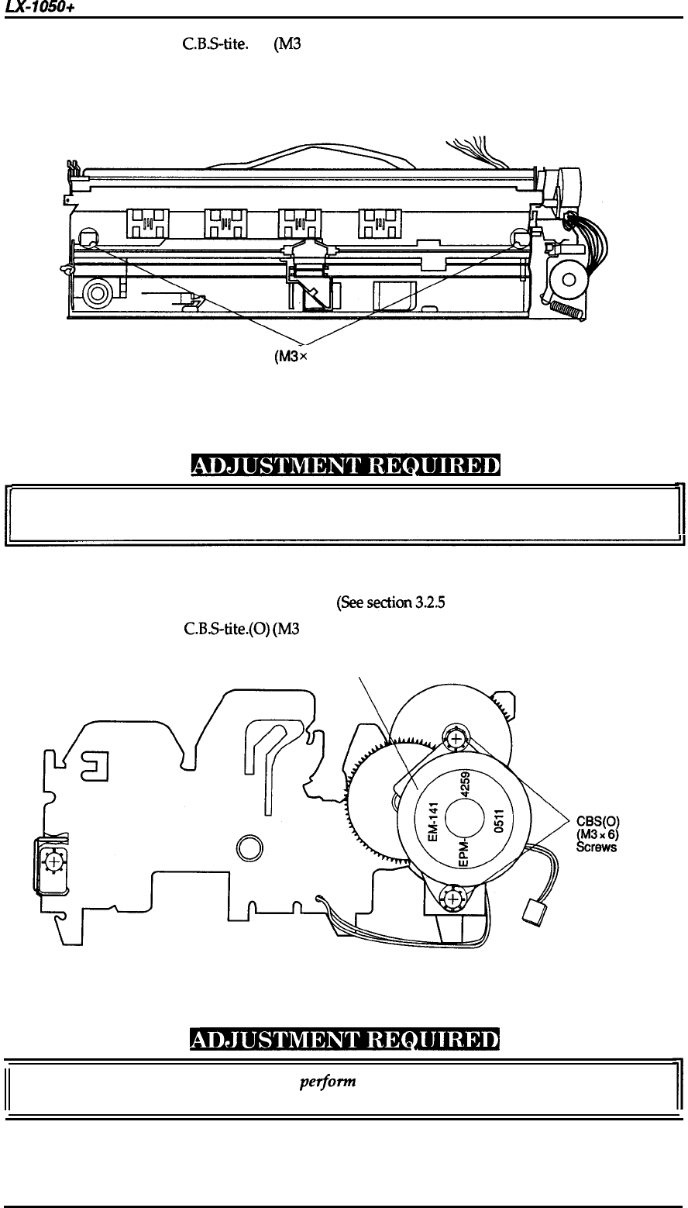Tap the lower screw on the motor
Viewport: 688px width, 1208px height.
click(x=451, y=900)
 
